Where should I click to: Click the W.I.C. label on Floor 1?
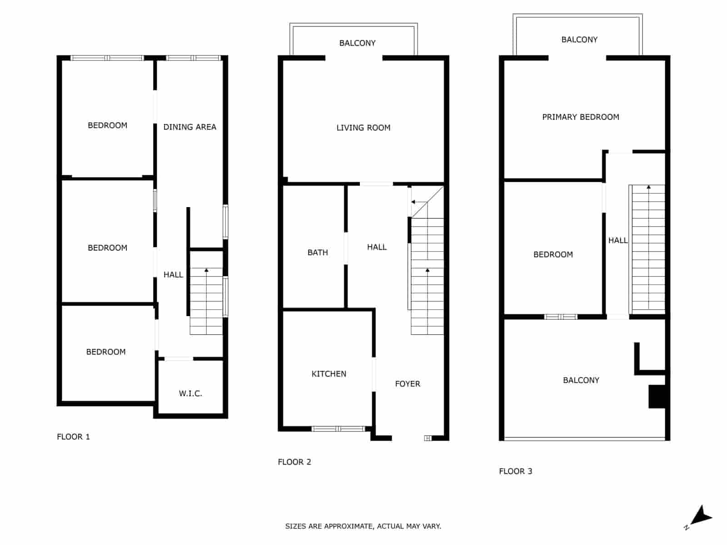pos(190,394)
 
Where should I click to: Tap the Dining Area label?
pos(189,127)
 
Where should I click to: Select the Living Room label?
pos(363,128)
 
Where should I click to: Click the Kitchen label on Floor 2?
pos(329,374)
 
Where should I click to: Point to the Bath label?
pos(318,253)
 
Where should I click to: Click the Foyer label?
pos(408,384)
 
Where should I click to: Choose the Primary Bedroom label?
pos(580,117)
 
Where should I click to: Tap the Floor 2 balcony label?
pos(357,43)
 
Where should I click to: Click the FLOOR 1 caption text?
pos(73,437)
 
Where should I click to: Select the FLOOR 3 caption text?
pos(515,471)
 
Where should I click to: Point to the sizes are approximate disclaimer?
pos(363,526)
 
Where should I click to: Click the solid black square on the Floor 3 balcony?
pos(657,396)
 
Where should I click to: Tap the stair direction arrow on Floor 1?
pos(206,271)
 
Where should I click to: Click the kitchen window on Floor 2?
pos(339,429)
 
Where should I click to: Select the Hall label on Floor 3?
pos(617,240)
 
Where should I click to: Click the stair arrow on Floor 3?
pos(648,187)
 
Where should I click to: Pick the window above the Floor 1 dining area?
pos(193,58)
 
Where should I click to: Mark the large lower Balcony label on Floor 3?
pos(581,380)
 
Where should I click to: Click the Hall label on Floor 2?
pos(377,247)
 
